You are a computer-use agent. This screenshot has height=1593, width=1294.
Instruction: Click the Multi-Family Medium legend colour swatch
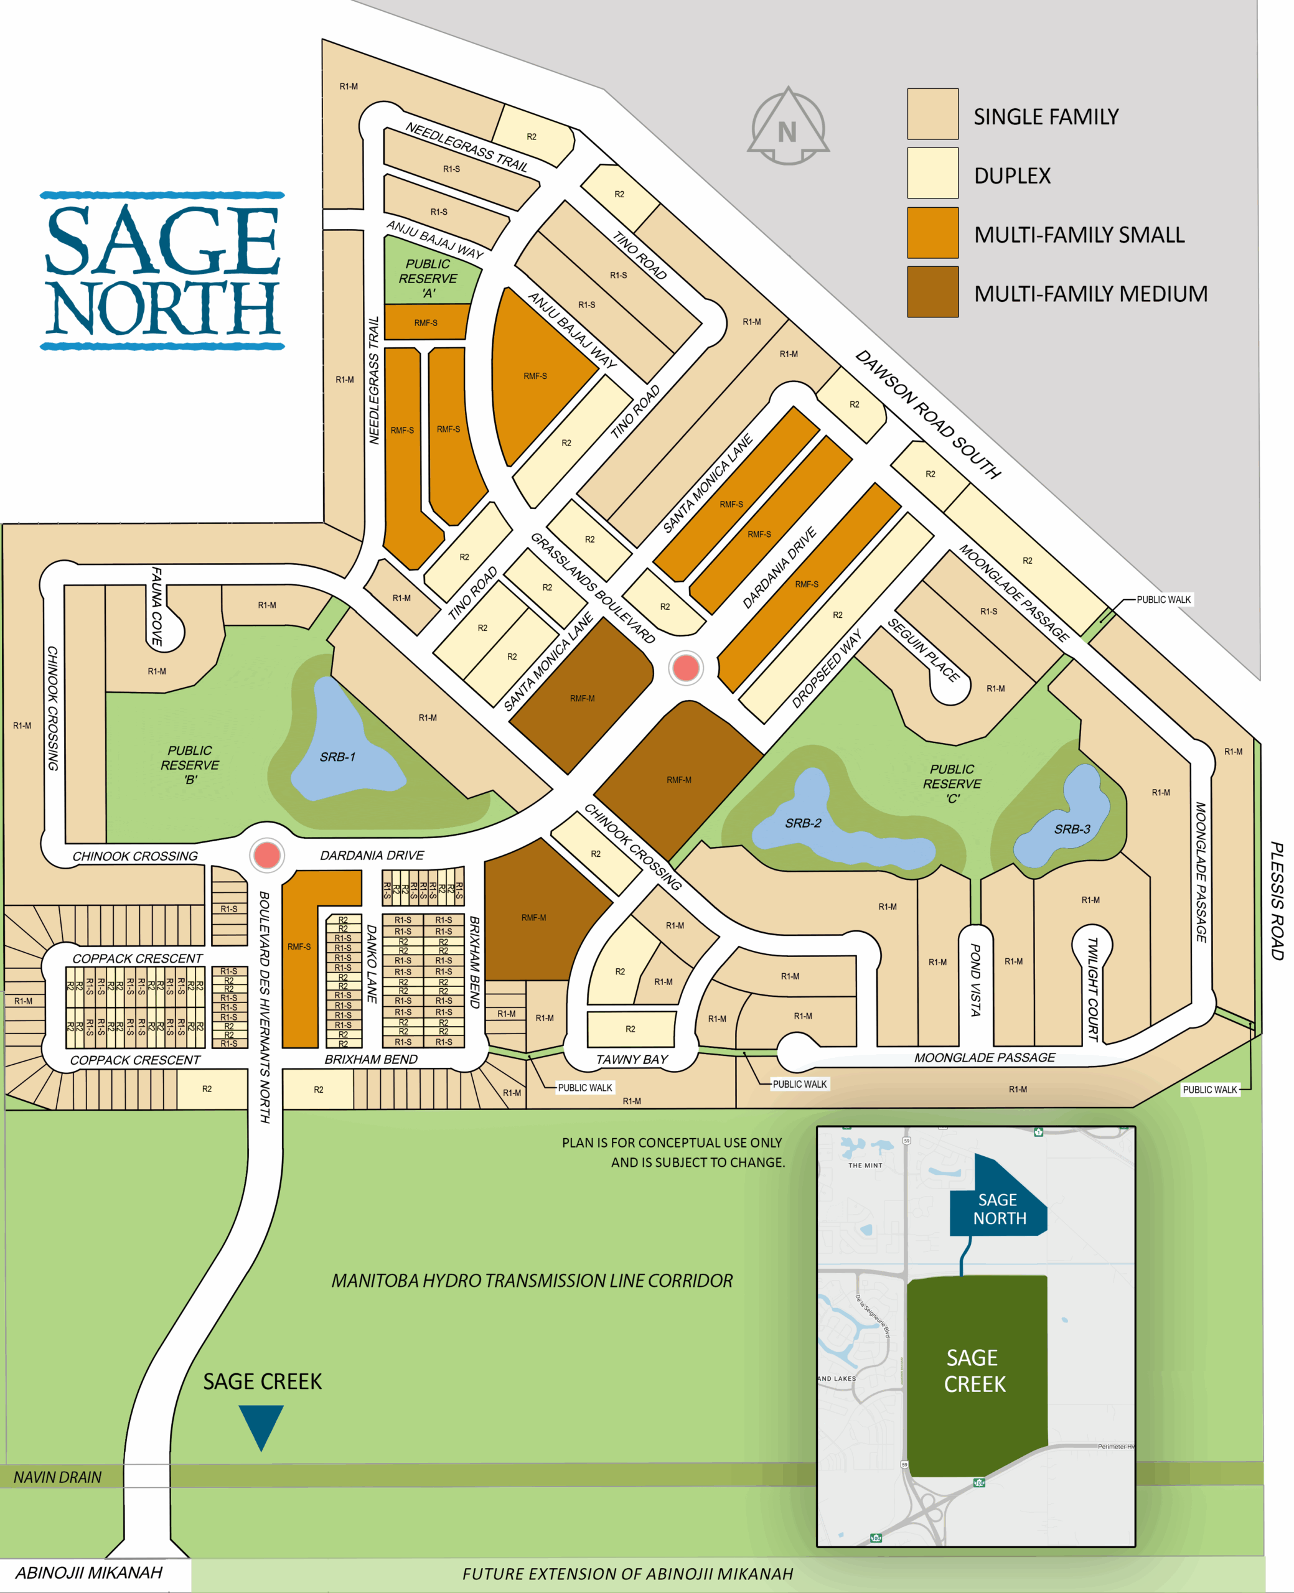click(932, 292)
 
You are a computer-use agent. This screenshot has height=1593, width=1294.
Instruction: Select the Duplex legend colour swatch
click(932, 173)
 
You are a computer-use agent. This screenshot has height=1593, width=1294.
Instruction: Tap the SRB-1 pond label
click(338, 757)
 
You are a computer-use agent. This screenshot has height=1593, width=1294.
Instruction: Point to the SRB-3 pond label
click(1072, 829)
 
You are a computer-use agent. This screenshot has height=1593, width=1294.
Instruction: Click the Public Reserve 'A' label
click(428, 278)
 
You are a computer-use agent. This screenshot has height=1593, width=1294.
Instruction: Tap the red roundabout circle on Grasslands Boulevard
click(686, 668)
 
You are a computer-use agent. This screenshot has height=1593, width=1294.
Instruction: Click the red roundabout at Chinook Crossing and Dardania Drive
click(267, 856)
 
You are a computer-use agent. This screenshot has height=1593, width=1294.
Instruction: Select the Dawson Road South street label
click(927, 414)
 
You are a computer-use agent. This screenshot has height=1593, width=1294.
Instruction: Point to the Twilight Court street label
click(1093, 989)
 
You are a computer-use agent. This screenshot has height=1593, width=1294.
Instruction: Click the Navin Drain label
click(57, 1477)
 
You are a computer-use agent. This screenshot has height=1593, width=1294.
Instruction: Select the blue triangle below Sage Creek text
click(261, 1426)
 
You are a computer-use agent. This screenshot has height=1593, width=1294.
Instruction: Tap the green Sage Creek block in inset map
click(975, 1371)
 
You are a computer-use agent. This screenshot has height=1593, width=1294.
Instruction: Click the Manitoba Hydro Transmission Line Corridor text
click(532, 1281)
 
